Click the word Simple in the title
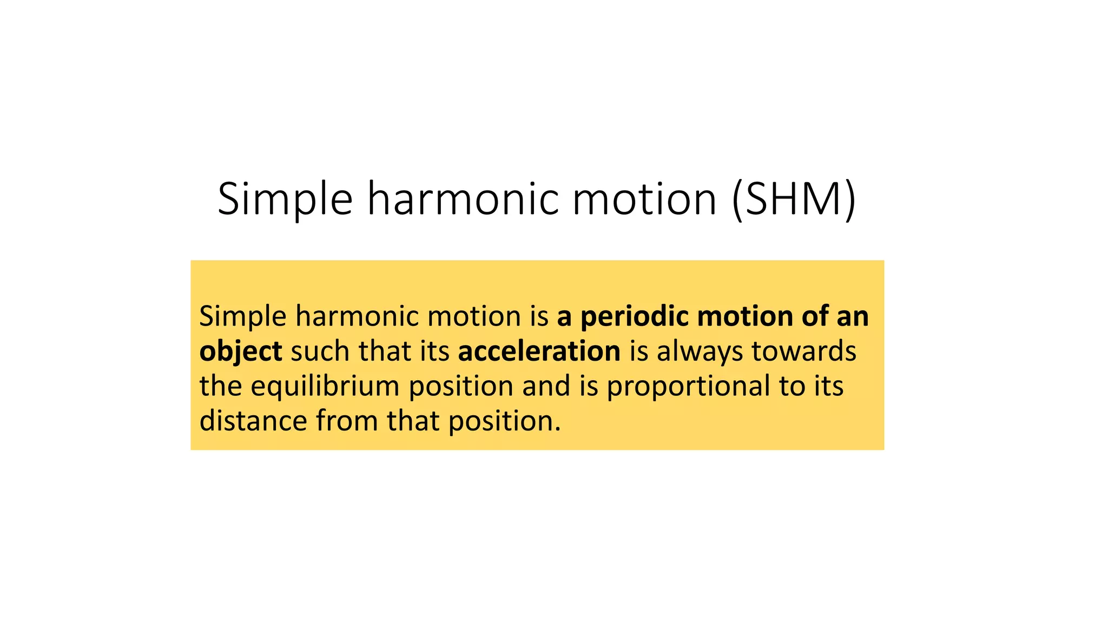tap(285, 199)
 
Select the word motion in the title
tap(645, 199)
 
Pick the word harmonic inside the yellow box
tap(357, 316)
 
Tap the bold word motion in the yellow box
tap(745, 316)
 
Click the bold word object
tap(241, 352)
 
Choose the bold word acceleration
tap(539, 352)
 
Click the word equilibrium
tap(325, 387)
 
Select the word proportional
tap(688, 387)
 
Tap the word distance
tap(253, 421)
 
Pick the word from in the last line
tap(347, 421)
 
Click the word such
tap(320, 352)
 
